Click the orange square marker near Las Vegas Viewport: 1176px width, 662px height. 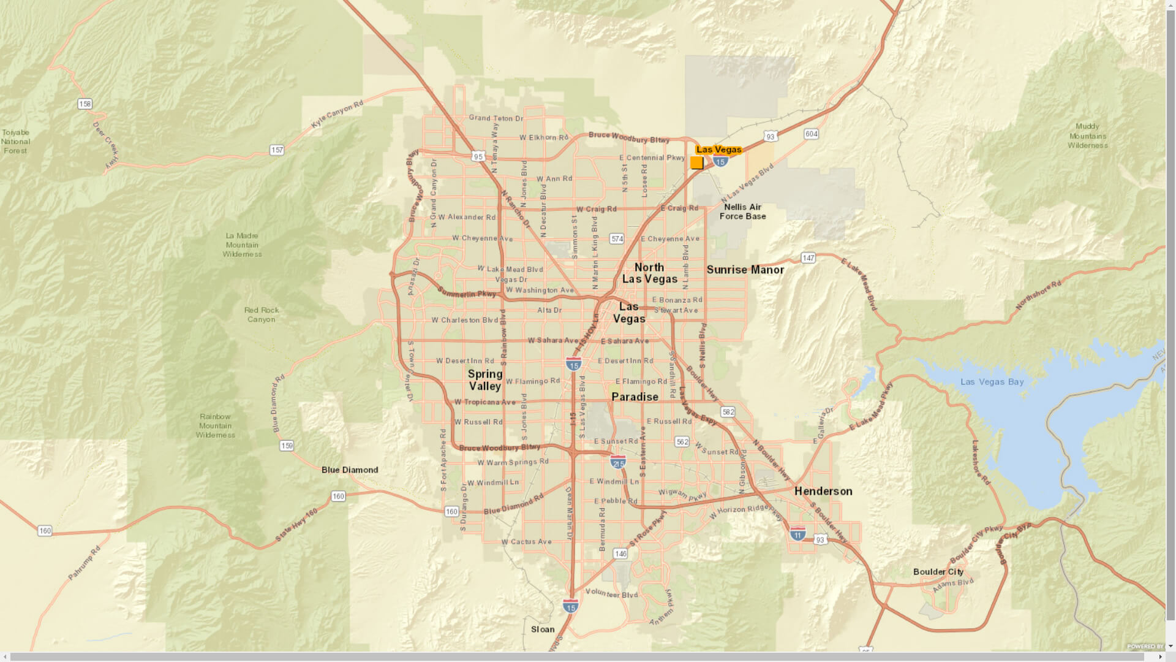coord(696,162)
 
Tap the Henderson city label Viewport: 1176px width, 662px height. coord(823,491)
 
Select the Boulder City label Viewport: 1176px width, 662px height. coord(938,571)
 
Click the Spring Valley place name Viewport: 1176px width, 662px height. coord(485,380)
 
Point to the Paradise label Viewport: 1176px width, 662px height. coord(635,397)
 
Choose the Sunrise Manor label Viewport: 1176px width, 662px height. coord(745,270)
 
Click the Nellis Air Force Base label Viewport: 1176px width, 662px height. coord(742,211)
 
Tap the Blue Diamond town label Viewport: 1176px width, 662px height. coord(350,470)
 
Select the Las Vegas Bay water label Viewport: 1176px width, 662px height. coord(992,382)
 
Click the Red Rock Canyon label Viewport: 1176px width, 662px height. coord(262,314)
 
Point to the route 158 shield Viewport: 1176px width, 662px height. coord(85,104)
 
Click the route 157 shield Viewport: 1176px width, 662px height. coord(277,150)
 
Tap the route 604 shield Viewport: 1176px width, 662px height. coord(811,134)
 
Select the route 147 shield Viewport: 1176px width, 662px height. coord(809,258)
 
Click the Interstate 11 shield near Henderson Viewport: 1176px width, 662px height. coord(797,533)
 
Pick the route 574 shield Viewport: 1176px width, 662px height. coord(617,238)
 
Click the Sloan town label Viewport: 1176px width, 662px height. coord(543,629)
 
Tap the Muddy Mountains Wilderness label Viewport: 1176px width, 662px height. coord(1087,136)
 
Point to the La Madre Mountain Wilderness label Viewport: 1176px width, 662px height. coord(242,245)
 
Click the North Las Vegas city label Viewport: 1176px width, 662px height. coord(649,273)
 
